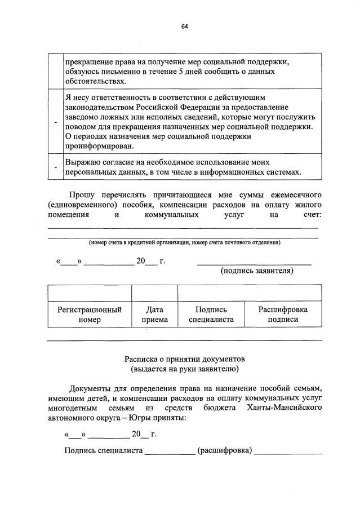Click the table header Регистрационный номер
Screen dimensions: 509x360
click(x=90, y=315)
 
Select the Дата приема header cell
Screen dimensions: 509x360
click(x=154, y=315)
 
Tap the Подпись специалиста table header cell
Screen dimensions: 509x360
click(x=211, y=315)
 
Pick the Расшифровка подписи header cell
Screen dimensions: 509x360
click(x=283, y=315)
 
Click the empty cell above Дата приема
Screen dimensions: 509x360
click(x=154, y=293)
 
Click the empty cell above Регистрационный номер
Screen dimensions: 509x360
click(x=90, y=293)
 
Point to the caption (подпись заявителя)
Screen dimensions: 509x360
click(x=257, y=271)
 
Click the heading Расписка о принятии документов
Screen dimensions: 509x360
click(x=184, y=359)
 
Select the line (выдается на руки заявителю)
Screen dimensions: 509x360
click(x=184, y=369)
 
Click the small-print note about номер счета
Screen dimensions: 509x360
click(x=184, y=242)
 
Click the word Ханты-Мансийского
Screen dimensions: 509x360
click(x=284, y=408)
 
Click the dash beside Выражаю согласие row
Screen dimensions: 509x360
click(x=55, y=167)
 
